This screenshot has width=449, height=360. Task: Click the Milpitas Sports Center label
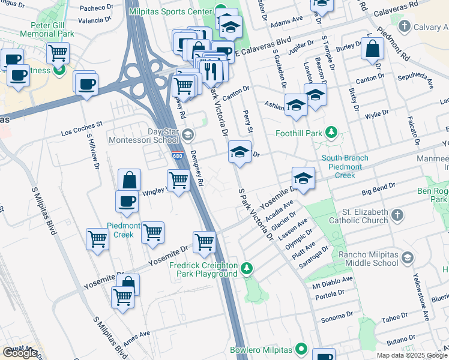(170, 11)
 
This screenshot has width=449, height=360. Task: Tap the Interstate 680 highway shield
(176, 156)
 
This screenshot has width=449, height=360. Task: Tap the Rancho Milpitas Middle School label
(368, 259)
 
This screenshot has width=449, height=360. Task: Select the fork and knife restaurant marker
(209, 70)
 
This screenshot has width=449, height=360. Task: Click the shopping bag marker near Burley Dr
(373, 50)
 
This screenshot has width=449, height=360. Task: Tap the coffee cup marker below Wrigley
(127, 202)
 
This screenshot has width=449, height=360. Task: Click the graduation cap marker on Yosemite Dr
(304, 178)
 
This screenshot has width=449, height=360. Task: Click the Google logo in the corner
(20, 353)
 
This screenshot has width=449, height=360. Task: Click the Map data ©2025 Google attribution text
(411, 355)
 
